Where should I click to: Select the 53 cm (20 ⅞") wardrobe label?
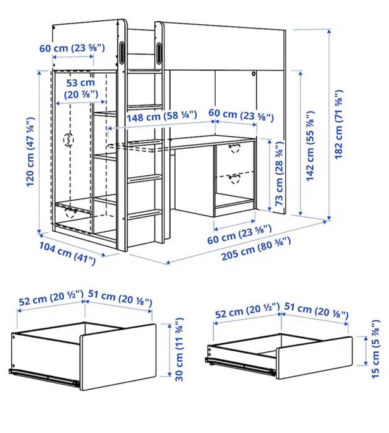[x=80, y=88]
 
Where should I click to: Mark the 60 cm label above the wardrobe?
[x=73, y=48]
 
